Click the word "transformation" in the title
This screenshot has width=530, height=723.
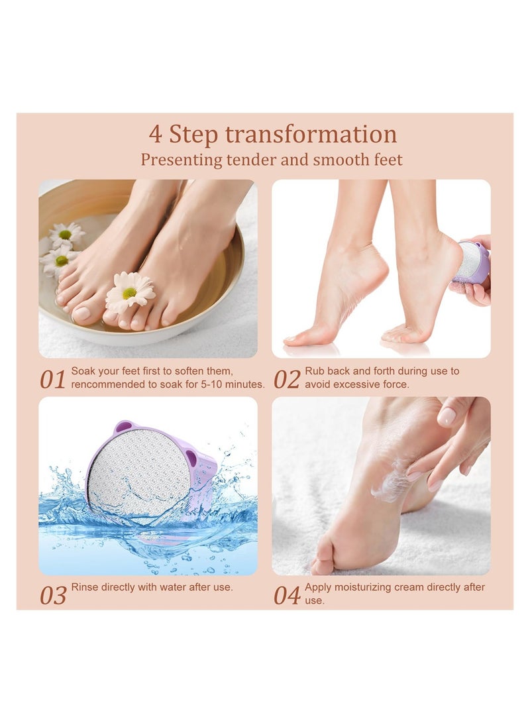click(311, 135)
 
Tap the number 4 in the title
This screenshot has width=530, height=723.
click(155, 135)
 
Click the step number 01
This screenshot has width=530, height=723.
click(52, 380)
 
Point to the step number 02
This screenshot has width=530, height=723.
click(287, 380)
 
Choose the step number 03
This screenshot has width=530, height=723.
click(52, 595)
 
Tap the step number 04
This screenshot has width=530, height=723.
click(287, 595)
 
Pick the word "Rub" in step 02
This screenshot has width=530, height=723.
click(314, 372)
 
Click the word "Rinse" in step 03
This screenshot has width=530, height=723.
click(85, 587)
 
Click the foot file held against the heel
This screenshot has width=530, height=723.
click(473, 262)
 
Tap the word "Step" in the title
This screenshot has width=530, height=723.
click(193, 135)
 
